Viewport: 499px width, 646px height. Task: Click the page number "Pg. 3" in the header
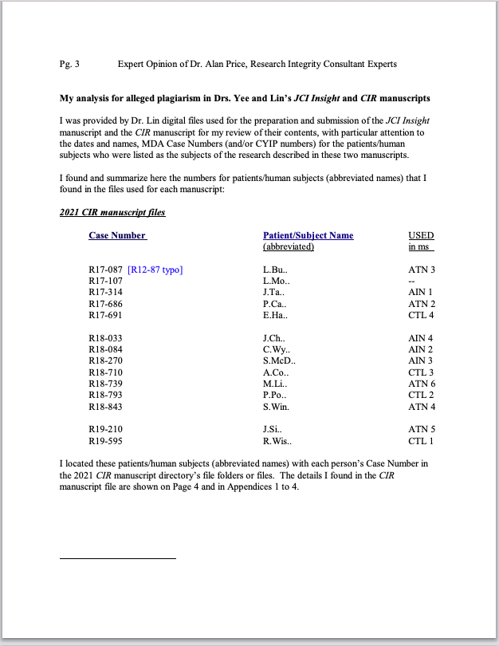click(69, 63)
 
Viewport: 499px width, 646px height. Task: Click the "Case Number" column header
click(117, 235)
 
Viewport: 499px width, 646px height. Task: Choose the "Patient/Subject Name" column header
click(308, 235)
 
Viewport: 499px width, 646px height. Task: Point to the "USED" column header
click(421, 235)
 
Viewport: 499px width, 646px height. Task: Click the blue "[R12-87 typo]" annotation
click(155, 270)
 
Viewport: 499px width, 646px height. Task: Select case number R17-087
click(105, 270)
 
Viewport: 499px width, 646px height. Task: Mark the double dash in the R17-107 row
click(411, 281)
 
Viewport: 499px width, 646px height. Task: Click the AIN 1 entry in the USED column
click(421, 292)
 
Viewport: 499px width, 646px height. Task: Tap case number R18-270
click(105, 361)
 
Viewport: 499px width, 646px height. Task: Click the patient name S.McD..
click(279, 361)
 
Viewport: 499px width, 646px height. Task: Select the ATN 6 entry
click(421, 384)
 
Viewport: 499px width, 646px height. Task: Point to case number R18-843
click(105, 408)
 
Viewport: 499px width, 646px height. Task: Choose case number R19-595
click(105, 441)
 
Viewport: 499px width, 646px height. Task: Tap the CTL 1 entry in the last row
click(421, 441)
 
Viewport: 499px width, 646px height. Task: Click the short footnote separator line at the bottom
click(117, 558)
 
